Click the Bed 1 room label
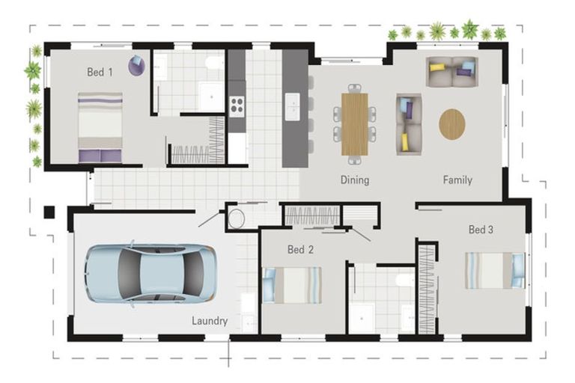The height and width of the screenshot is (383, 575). pyautogui.click(x=100, y=72)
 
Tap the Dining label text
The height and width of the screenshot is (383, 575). pyautogui.click(x=355, y=180)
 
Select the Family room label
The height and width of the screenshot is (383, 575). pyautogui.click(x=457, y=180)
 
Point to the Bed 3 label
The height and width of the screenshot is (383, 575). pyautogui.click(x=481, y=230)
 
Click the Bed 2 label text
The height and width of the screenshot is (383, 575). pyautogui.click(x=300, y=250)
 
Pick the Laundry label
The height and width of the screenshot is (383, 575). pyautogui.click(x=210, y=321)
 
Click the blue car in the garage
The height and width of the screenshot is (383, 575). pyautogui.click(x=150, y=273)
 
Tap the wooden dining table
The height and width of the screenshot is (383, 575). pyautogui.click(x=355, y=124)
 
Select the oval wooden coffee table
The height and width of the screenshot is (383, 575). pyautogui.click(x=452, y=124)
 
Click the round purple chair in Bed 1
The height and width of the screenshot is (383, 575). pyautogui.click(x=136, y=66)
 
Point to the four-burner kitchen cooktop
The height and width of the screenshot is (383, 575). pyautogui.click(x=237, y=105)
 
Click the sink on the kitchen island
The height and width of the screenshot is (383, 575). pyautogui.click(x=292, y=106)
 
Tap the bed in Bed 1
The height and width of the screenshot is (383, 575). pyautogui.click(x=100, y=127)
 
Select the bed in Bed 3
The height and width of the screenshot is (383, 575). pyautogui.click(x=495, y=270)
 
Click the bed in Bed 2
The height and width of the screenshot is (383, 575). pyautogui.click(x=292, y=285)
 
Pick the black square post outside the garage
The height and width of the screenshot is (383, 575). pyautogui.click(x=49, y=212)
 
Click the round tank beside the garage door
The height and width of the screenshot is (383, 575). pyautogui.click(x=236, y=219)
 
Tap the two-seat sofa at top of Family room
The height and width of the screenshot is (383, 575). pyautogui.click(x=451, y=72)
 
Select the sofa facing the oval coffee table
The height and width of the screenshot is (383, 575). pyautogui.click(x=409, y=124)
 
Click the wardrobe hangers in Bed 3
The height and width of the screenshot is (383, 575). pyautogui.click(x=427, y=289)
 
